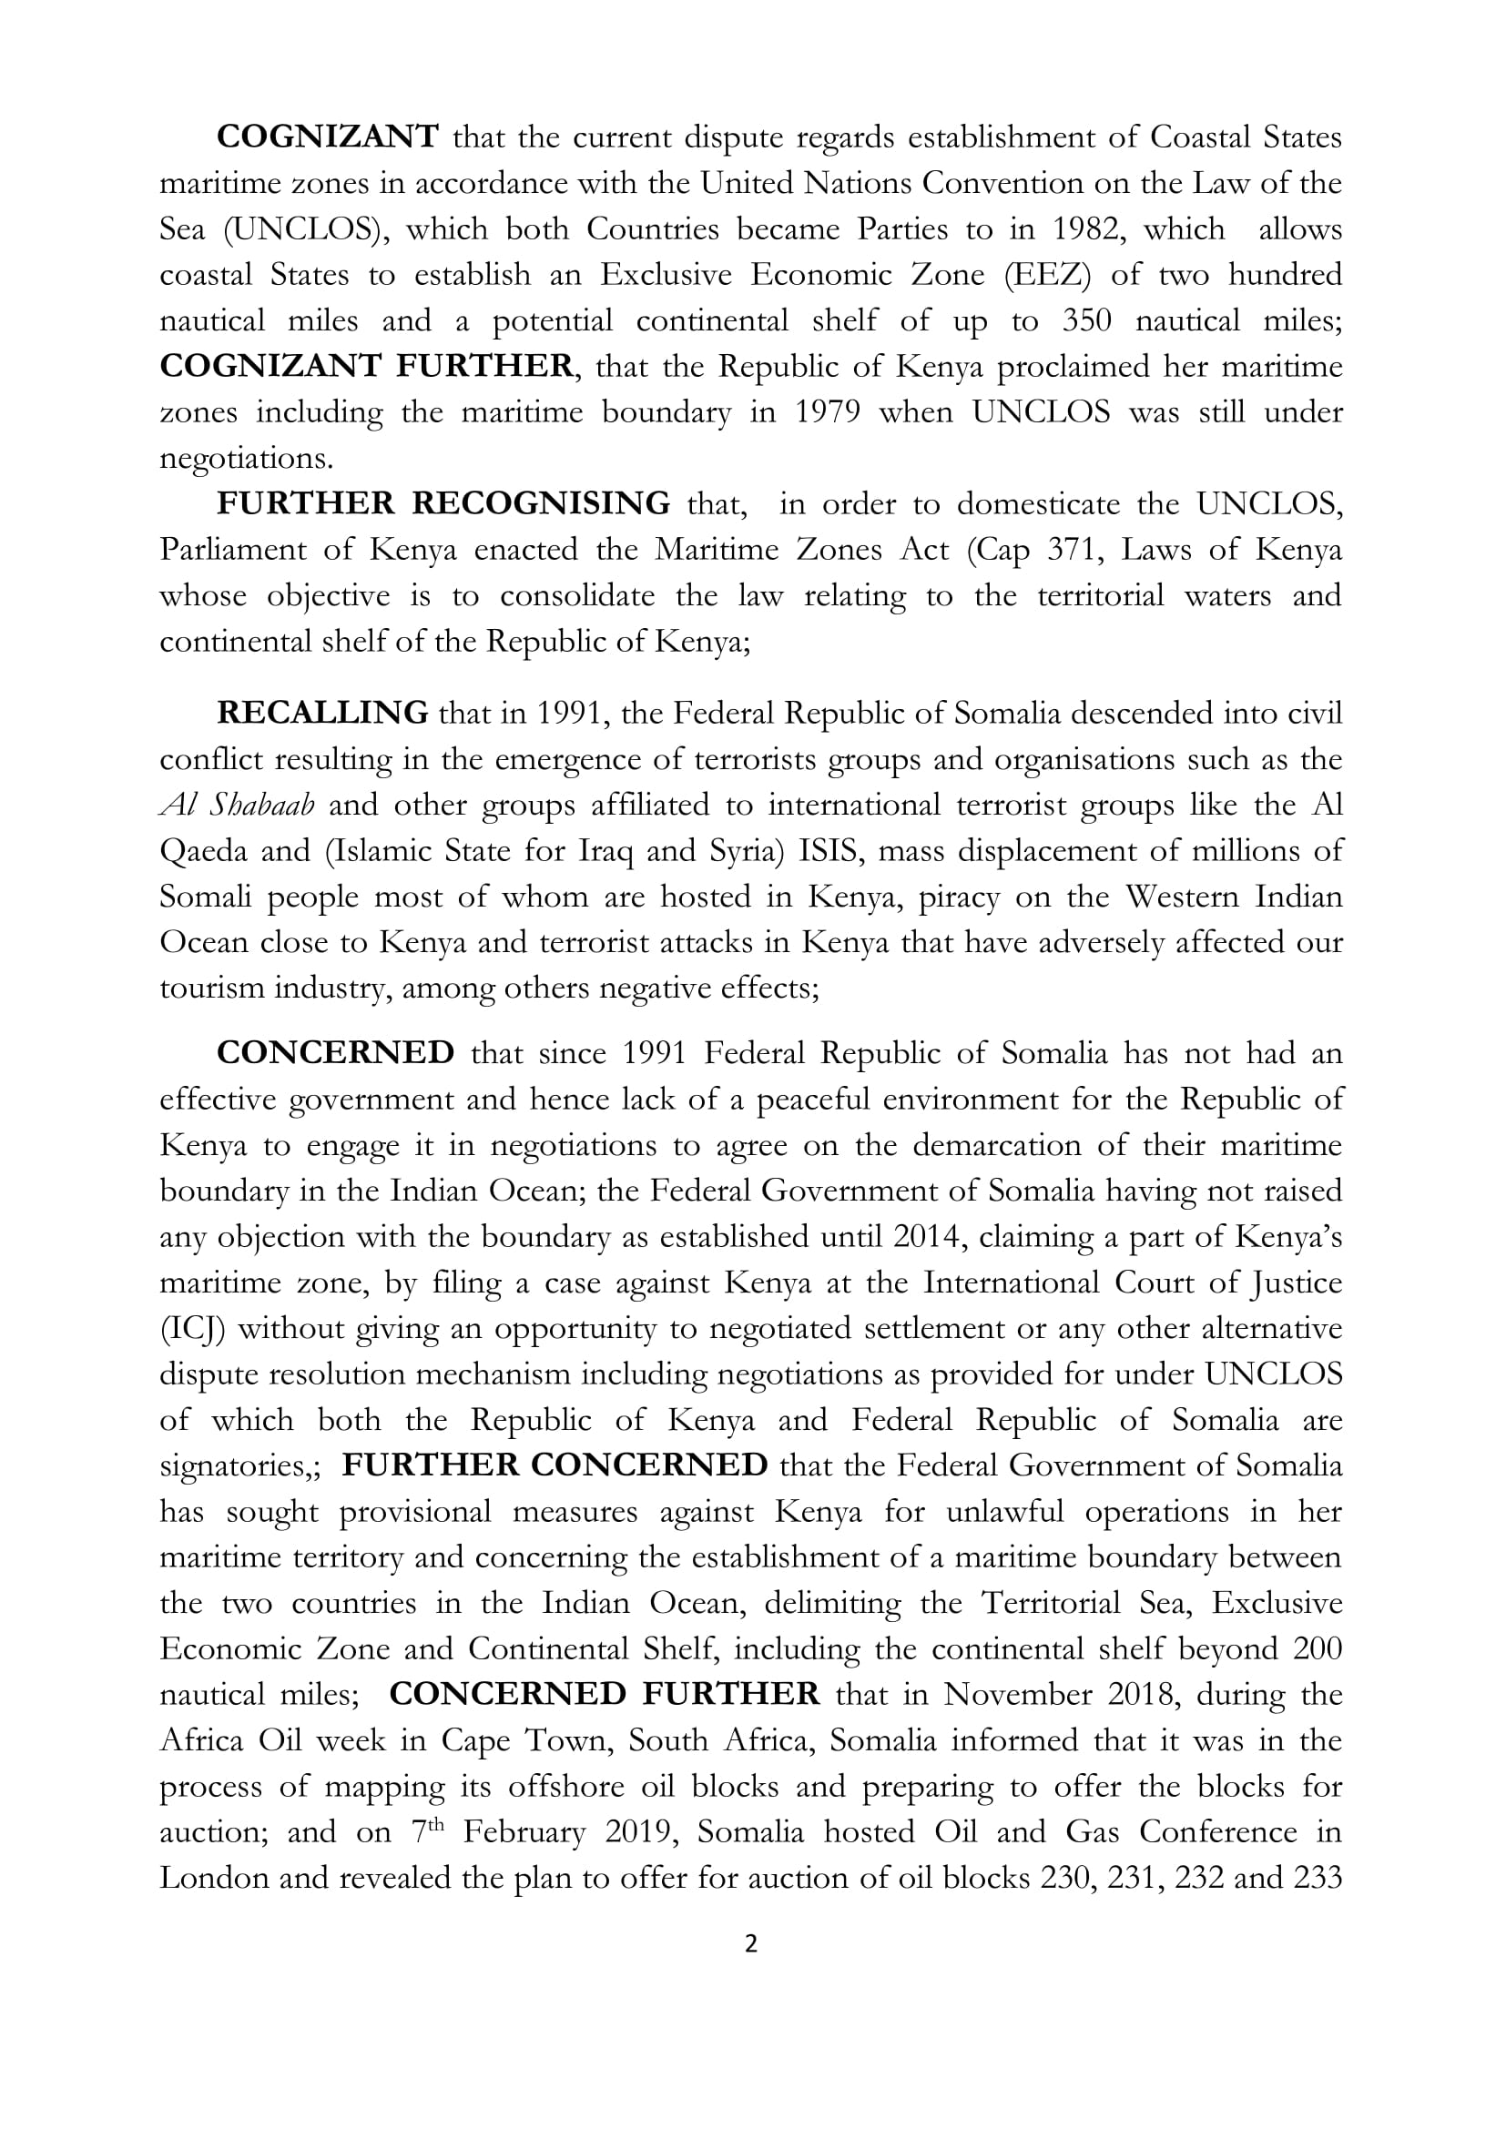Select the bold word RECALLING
click(x=321, y=713)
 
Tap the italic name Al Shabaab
click(x=238, y=805)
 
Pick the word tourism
click(x=211, y=988)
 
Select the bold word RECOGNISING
click(x=541, y=503)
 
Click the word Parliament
click(x=233, y=550)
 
